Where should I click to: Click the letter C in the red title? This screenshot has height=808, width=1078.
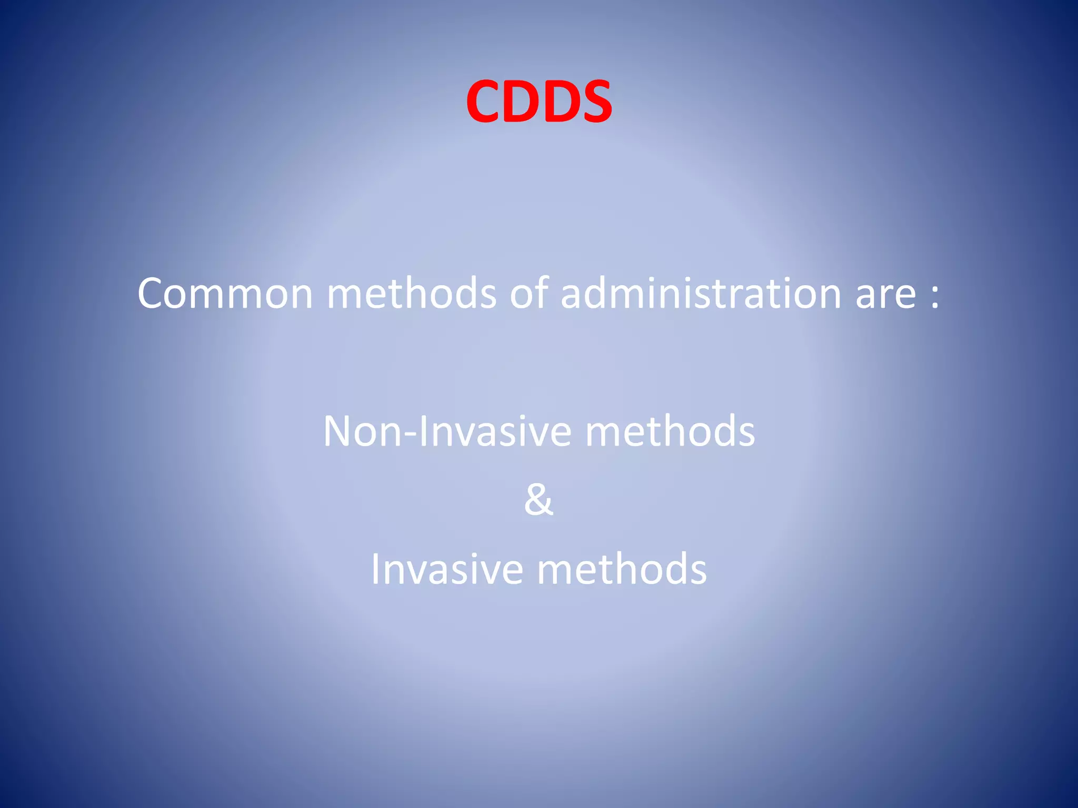click(x=483, y=102)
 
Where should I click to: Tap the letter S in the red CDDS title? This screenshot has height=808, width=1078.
click(x=593, y=102)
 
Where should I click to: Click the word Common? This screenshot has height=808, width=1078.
click(x=225, y=294)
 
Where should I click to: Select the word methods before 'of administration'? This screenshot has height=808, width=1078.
click(x=411, y=293)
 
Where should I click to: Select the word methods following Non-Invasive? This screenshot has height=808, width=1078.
click(x=670, y=431)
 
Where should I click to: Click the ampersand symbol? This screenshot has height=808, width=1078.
click(x=538, y=500)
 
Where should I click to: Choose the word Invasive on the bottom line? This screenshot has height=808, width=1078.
click(x=446, y=569)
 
